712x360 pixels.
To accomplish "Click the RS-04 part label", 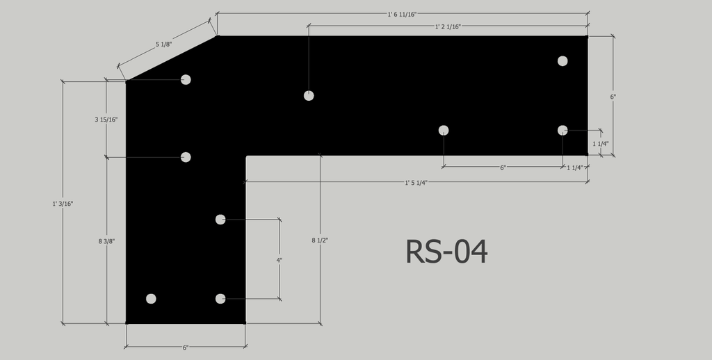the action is [x=446, y=252].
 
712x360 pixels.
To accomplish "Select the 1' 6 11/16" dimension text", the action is [x=402, y=14].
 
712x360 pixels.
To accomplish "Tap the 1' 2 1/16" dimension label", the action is [x=448, y=26].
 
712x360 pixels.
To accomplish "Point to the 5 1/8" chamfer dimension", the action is [x=163, y=44].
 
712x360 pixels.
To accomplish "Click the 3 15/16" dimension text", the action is [x=106, y=120].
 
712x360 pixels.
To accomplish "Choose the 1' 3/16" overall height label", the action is [x=63, y=204].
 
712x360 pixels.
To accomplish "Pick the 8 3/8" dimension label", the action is [x=106, y=241].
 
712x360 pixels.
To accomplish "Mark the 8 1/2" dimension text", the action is [x=320, y=240].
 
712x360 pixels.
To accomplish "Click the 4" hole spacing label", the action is [x=280, y=260].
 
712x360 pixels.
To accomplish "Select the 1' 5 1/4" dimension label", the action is [x=416, y=183].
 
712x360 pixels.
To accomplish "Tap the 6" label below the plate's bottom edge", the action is [x=185, y=347].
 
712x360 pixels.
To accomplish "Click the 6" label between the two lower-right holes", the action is [x=503, y=167].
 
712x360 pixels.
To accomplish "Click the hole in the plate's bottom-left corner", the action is [x=151, y=299].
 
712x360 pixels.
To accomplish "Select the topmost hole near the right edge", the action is [x=563, y=61].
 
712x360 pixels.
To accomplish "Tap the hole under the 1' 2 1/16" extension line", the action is [x=309, y=96].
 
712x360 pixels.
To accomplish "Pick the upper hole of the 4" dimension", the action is [x=220, y=220].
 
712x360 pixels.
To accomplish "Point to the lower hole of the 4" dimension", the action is [x=220, y=299].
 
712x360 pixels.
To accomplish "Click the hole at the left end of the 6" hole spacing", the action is [x=444, y=131].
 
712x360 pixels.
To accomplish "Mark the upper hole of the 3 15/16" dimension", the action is [x=186, y=80].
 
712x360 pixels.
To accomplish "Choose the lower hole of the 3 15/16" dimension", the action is [x=186, y=157].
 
